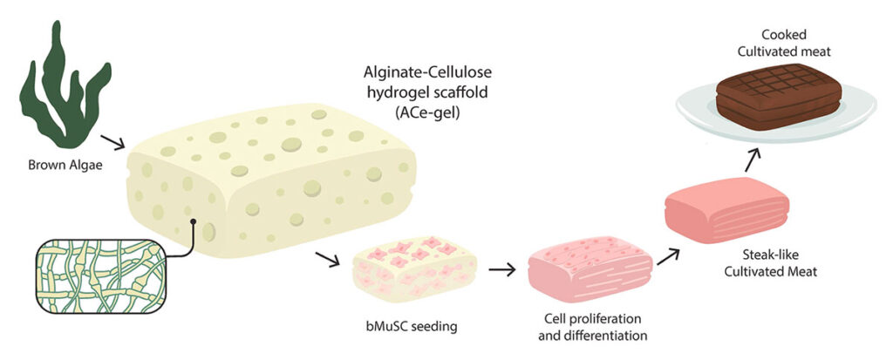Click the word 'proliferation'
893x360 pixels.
(x=617, y=316)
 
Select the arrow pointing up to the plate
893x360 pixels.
(x=752, y=157)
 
